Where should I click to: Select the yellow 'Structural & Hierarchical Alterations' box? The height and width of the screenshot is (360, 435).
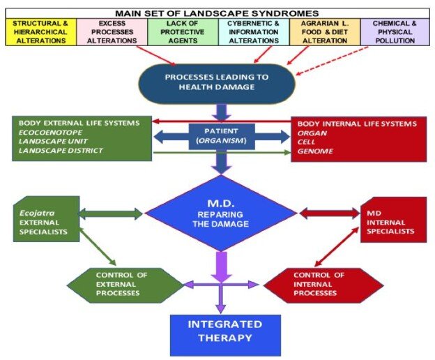[x=40, y=31]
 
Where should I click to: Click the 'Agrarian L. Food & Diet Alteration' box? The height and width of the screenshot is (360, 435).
[x=325, y=31]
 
